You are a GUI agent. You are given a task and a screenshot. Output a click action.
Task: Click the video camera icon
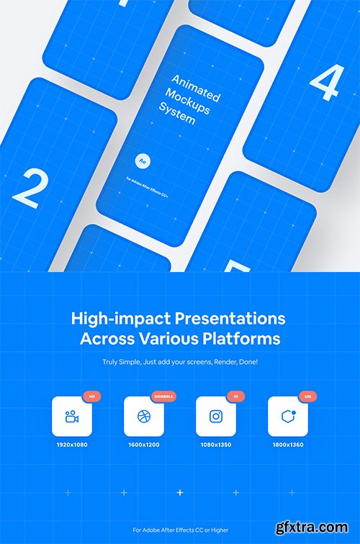click(x=71, y=416)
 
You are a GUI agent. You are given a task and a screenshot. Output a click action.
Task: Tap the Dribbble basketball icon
click(x=143, y=416)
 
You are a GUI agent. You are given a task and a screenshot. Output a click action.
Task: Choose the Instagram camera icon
click(x=216, y=416)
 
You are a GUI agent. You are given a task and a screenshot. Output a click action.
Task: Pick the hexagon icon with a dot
click(x=288, y=416)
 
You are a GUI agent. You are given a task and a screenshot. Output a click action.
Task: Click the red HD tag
click(x=91, y=396)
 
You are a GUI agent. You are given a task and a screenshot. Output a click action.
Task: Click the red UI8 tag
click(x=307, y=396)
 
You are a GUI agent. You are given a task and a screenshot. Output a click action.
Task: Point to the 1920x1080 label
click(x=71, y=445)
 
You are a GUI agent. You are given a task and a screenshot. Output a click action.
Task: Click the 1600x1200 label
click(x=143, y=445)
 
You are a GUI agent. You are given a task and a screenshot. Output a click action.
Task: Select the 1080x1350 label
click(x=216, y=445)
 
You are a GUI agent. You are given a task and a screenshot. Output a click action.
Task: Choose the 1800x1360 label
click(x=288, y=445)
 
